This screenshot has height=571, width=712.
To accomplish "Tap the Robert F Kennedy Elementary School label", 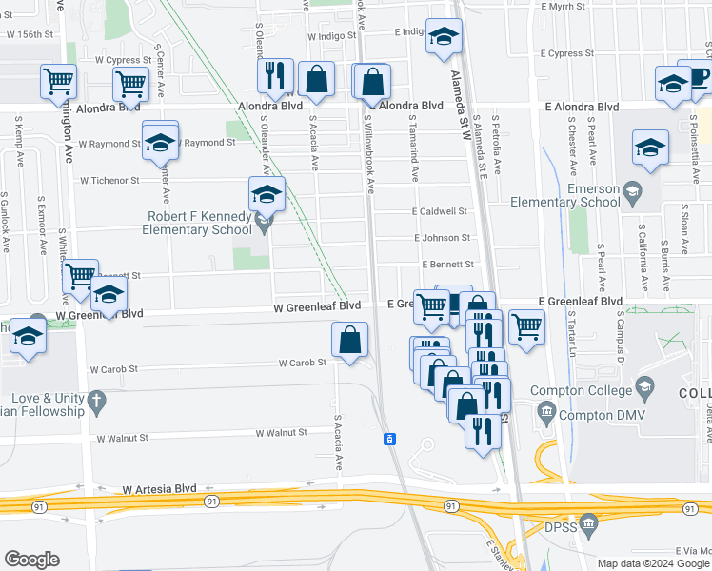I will [x=197, y=223].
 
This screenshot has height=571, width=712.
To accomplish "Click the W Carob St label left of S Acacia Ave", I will [x=303, y=363].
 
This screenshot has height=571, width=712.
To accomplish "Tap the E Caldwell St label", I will [x=440, y=211].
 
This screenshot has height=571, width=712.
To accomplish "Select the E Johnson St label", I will [x=442, y=238].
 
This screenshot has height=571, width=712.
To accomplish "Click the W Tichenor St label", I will [x=109, y=180].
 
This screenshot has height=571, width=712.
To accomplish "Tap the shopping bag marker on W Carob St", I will [x=350, y=341].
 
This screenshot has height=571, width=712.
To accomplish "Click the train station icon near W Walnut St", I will [x=389, y=439].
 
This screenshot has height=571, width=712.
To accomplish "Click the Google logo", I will [x=31, y=560].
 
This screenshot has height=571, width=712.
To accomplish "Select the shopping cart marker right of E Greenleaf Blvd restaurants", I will [x=526, y=327].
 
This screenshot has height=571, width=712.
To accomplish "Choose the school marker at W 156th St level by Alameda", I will [x=442, y=37].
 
